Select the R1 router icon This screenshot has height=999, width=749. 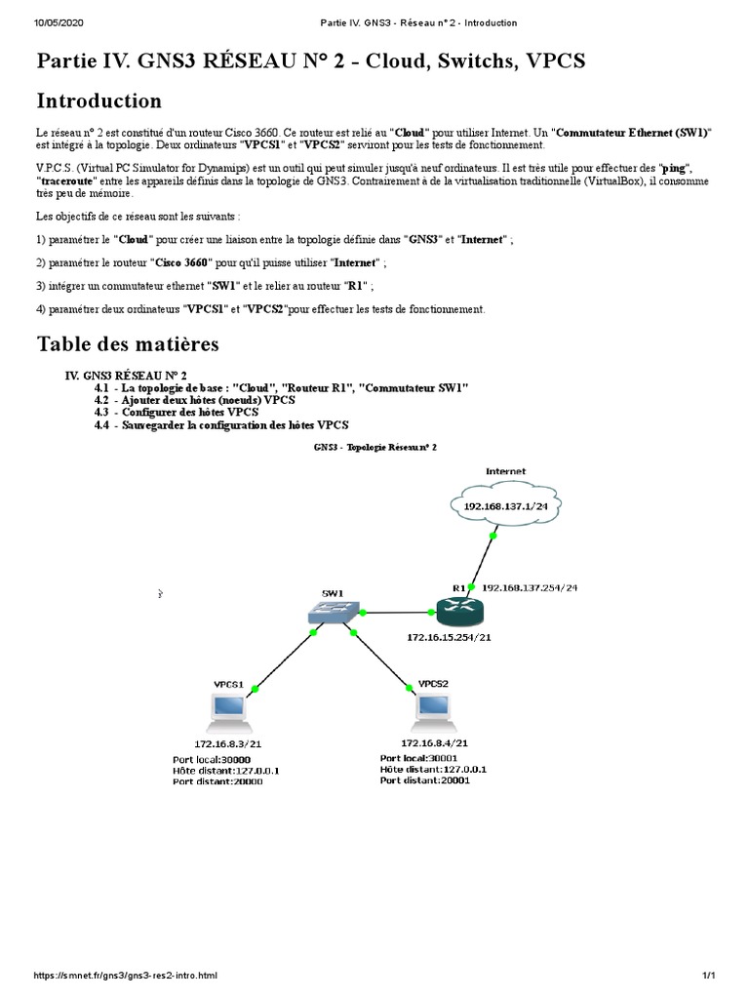tap(455, 612)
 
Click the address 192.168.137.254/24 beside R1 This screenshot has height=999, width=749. tap(531, 587)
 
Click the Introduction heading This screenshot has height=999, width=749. tap(99, 101)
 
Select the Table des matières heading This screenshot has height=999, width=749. tap(128, 344)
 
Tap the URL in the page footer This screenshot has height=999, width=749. tap(126, 976)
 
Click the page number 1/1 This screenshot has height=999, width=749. tap(709, 976)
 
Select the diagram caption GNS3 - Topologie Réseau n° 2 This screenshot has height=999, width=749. tap(375, 447)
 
